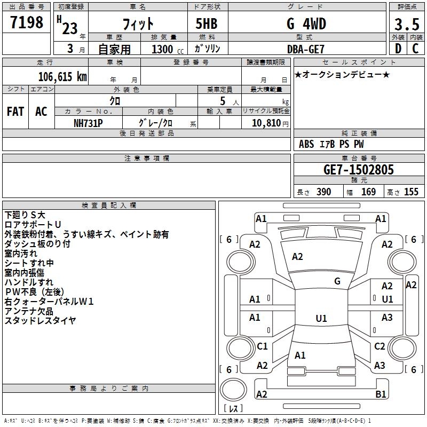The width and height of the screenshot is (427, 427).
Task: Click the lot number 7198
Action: [27, 22]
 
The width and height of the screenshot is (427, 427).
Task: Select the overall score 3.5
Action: [407, 25]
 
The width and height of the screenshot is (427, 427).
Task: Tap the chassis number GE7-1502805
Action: [358, 170]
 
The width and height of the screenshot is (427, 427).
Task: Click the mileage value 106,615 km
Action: [62, 77]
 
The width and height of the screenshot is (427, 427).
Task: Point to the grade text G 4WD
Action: [306, 23]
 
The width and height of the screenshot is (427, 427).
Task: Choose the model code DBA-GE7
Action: [306, 49]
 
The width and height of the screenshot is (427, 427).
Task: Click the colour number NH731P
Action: [88, 123]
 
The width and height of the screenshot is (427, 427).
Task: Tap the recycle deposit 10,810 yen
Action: [270, 123]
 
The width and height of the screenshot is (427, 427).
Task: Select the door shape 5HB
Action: [207, 23]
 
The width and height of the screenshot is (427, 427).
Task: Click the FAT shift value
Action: [15, 112]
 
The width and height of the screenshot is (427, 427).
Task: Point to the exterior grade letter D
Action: [398, 49]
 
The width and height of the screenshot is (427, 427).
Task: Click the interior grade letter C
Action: [415, 49]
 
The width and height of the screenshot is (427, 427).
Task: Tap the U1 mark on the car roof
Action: [321, 318]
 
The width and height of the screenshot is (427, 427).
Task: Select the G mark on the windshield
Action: [337, 281]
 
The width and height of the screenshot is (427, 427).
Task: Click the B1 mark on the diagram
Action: [381, 394]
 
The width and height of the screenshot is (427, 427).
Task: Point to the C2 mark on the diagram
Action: [379, 346]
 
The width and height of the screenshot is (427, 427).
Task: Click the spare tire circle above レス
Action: [233, 390]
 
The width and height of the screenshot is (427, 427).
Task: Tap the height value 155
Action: [411, 192]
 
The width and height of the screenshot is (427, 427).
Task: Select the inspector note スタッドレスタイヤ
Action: [40, 321]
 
